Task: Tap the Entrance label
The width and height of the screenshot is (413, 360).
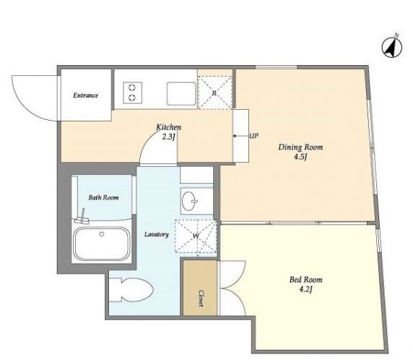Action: coord(86,95)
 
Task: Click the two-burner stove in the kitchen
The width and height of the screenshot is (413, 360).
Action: coord(132,93)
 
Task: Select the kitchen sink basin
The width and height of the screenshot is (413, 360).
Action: coord(181,93)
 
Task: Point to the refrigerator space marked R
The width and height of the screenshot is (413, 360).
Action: coord(214,93)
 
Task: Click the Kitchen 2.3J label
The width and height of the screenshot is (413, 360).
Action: coord(168,132)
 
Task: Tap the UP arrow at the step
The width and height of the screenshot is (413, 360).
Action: coord(238,136)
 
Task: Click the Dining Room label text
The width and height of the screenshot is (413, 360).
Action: coord(300,147)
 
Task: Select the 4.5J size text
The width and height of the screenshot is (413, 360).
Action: coord(301,157)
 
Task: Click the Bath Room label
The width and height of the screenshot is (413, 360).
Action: coord(103,197)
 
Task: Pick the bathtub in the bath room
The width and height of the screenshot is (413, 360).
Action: coord(102,244)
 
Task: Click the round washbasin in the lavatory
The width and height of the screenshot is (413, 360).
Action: coord(189,201)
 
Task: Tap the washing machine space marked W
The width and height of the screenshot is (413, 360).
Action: coord(196,236)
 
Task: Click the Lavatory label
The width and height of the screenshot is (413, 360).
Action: coord(157,234)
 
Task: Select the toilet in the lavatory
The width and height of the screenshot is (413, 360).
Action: coord(131,290)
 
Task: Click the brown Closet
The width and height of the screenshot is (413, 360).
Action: coord(200,288)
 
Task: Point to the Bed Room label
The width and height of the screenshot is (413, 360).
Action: coord(305,279)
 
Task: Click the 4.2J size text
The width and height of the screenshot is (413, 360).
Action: coord(305,289)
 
